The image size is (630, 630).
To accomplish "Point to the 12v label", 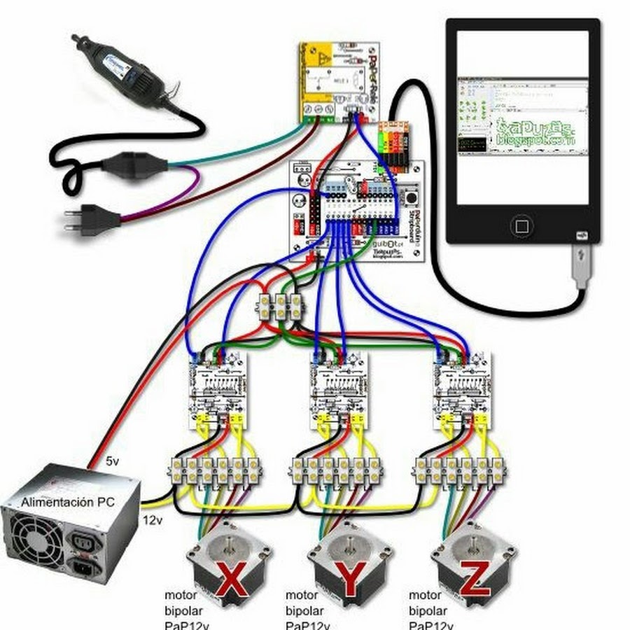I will pyautogui.click(x=153, y=521).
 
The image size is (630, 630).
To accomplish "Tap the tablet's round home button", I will pyautogui.click(x=521, y=225).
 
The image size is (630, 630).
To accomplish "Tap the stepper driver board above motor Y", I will pyautogui.click(x=339, y=389).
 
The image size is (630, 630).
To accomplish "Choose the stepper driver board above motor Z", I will pyautogui.click(x=462, y=389).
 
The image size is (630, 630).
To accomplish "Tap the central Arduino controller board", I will pyautogui.click(x=357, y=210).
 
